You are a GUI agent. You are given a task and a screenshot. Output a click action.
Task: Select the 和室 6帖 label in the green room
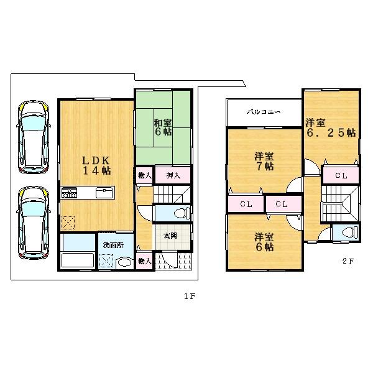[x=163, y=127]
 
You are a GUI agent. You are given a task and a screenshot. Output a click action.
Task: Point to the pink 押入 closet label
[x=173, y=176]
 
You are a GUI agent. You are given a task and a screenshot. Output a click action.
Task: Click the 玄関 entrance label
[x=170, y=236]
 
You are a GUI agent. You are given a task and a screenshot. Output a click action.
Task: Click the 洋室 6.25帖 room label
[x=330, y=127]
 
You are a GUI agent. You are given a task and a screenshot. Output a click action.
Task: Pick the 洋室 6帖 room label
[x=264, y=242]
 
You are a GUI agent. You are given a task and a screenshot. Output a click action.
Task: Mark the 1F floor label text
[x=190, y=297]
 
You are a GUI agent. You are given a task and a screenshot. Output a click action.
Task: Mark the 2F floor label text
[x=348, y=261]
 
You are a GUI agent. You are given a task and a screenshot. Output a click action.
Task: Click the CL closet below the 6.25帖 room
[x=341, y=176]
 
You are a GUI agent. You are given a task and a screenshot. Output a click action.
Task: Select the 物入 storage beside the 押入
[x=143, y=176]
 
